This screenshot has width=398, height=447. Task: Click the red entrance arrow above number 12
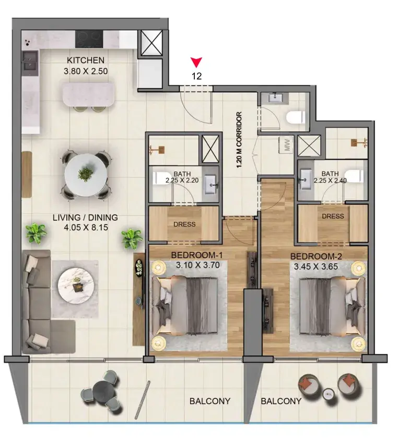pyautogui.click(x=196, y=62)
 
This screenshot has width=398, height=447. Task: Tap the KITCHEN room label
pyautogui.click(x=86, y=60)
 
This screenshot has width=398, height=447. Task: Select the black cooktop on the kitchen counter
pyautogui.click(x=89, y=39)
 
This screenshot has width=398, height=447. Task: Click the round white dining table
pyautogui.click(x=86, y=175)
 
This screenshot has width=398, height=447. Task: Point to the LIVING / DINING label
pyautogui.click(x=85, y=218)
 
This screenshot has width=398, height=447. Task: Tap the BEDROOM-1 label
pyautogui.click(x=196, y=255)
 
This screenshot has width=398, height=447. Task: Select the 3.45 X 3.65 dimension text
pyautogui.click(x=316, y=266)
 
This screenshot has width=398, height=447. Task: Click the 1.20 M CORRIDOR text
pyautogui.click(x=239, y=139)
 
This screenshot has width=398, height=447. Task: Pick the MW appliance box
pyautogui.click(x=286, y=145)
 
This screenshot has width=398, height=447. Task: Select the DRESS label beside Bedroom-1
pyautogui.click(x=184, y=225)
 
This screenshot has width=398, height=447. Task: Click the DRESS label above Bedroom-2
pyautogui.click(x=333, y=216)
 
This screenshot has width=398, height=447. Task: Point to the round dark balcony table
pyautogui.click(x=104, y=391)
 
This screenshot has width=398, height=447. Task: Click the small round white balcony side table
pyautogui.click(x=329, y=394)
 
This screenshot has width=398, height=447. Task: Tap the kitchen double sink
pyautogui.click(x=30, y=63)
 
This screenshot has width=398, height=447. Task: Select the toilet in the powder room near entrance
pyautogui.click(x=296, y=118)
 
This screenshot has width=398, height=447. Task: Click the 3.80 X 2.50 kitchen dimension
pyautogui.click(x=86, y=71)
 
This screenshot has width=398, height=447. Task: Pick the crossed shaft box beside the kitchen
pyautogui.click(x=151, y=43)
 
